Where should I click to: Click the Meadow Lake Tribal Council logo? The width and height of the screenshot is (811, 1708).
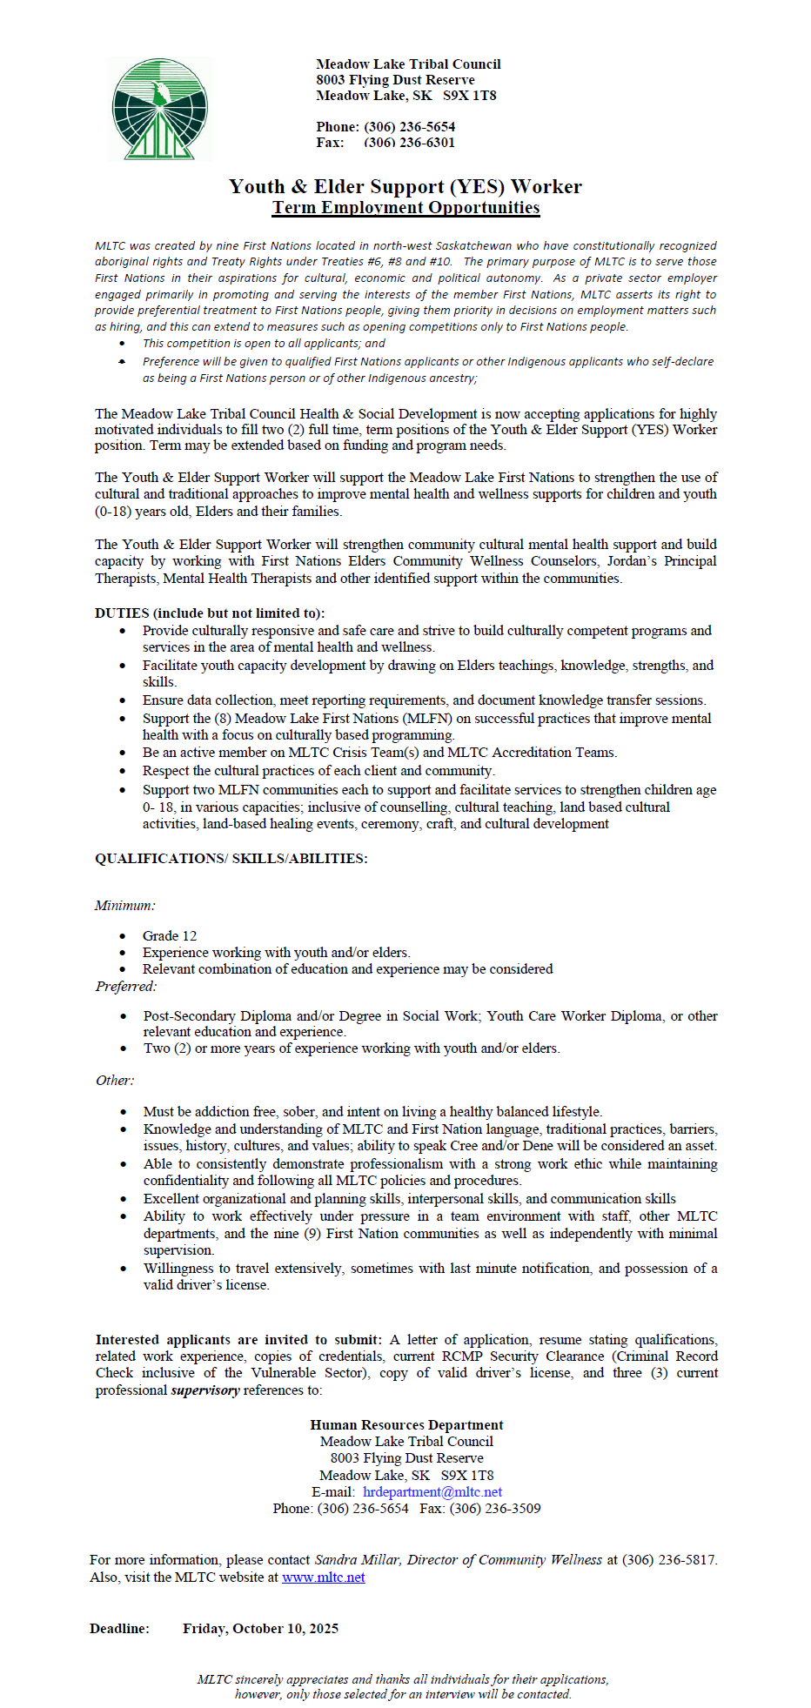[x=160, y=110]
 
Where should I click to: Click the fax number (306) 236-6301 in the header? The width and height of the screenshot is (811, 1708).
[x=409, y=143]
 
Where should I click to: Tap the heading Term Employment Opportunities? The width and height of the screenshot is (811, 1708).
[x=405, y=207]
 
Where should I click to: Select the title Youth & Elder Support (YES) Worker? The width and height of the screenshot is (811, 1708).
[x=405, y=186]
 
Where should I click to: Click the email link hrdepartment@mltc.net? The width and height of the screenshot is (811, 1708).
[x=432, y=1491]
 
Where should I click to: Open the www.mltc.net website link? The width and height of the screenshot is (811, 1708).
[x=324, y=1577]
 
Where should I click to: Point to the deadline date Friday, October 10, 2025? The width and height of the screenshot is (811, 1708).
[x=260, y=1628]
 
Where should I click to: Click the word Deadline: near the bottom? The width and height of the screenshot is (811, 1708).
[x=119, y=1628]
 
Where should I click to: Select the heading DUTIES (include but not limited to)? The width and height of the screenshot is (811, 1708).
[x=210, y=613]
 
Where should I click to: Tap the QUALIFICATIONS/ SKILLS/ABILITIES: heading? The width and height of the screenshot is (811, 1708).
[x=231, y=858]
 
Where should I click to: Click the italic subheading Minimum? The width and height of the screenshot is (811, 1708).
[x=125, y=905]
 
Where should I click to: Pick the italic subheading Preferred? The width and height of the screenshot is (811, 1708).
[x=126, y=986]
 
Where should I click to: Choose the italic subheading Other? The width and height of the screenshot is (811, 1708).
[x=115, y=1080]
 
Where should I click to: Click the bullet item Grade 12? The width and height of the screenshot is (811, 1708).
[x=170, y=935]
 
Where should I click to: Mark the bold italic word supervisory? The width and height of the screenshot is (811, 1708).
[x=205, y=1390]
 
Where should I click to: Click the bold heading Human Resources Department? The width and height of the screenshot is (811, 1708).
[x=406, y=1424]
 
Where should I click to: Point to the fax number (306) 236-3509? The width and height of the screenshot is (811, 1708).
[x=494, y=1508]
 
